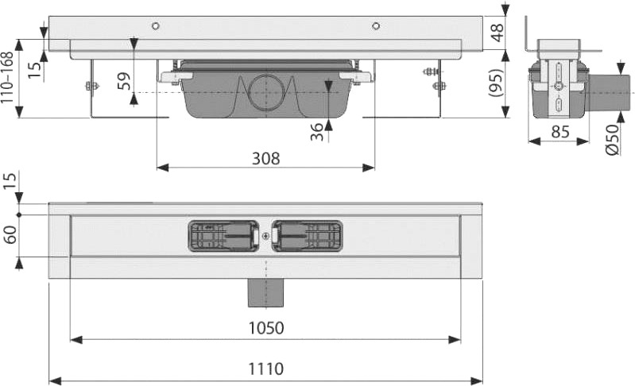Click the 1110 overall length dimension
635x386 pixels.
pyautogui.click(x=265, y=369)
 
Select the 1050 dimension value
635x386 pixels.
pyautogui.click(x=265, y=328)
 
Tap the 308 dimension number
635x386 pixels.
pyautogui.click(x=265, y=159)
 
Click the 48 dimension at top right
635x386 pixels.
pyautogui.click(x=497, y=33)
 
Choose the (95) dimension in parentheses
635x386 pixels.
pyautogui.click(x=497, y=83)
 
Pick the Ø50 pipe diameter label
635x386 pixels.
pyautogui.click(x=612, y=140)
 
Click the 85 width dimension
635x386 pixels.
pyautogui.click(x=560, y=132)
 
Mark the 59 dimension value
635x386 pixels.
pyautogui.click(x=125, y=81)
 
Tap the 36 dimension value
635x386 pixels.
pyautogui.click(x=317, y=132)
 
